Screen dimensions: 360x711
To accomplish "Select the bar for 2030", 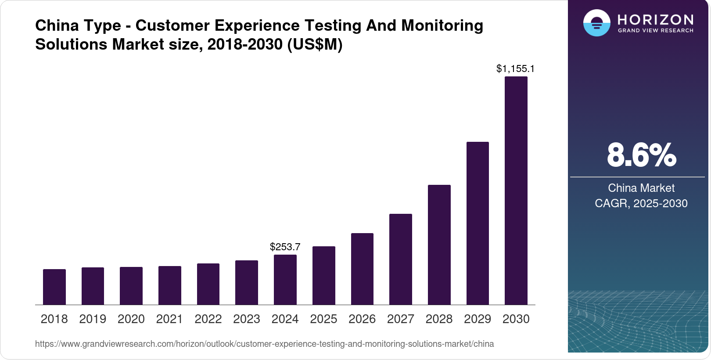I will pos(516,191).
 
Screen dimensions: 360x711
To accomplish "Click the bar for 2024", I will pos(285,280).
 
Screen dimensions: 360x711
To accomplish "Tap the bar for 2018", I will pos(54,287).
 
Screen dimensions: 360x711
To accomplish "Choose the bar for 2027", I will pos(401,259).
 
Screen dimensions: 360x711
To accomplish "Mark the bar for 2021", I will pos(170,285).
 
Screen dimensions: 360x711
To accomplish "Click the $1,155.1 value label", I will pos(515,68).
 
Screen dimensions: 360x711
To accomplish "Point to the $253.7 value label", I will pos(285,247).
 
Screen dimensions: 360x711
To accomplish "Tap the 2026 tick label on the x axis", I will pos(362,319).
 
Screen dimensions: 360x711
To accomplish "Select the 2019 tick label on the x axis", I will pos(93,319).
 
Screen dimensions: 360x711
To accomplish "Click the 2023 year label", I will pos(247,319).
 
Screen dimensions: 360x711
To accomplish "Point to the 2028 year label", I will pos(439,319).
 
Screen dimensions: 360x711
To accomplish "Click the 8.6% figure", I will pos(641,155).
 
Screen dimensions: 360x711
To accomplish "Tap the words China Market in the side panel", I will pos(641,188).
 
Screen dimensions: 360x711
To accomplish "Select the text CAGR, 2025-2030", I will pos(641,203).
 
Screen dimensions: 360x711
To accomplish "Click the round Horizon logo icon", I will pos(596,23).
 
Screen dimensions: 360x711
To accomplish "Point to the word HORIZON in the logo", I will pos(655,19).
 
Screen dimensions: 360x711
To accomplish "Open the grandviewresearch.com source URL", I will pos(264,344).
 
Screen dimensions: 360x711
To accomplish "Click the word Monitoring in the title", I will pos(442,25).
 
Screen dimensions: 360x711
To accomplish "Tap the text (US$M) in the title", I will pos(314,44).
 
